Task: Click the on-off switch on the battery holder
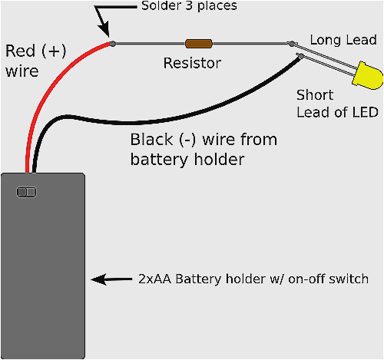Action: [26, 191]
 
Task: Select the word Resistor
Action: [192, 63]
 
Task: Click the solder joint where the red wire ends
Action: [112, 44]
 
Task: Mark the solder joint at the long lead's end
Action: [291, 45]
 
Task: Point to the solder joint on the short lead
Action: [298, 54]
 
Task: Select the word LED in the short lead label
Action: [364, 113]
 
